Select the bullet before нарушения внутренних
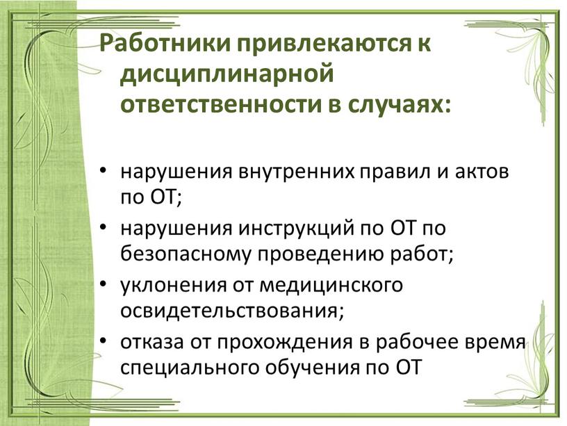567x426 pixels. (x=103, y=170)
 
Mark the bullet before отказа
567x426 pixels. (x=103, y=341)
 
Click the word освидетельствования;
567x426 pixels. (x=231, y=312)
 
